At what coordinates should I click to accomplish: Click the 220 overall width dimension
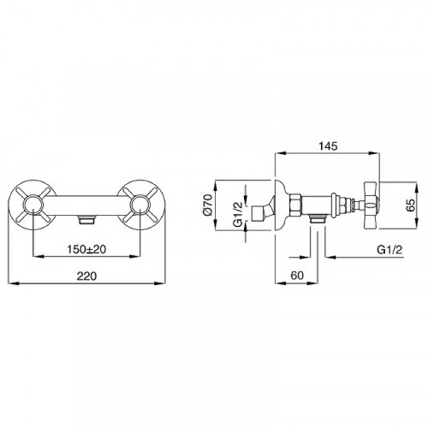[86, 276]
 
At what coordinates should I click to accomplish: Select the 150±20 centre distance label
[86, 249]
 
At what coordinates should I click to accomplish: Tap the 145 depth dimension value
[328, 146]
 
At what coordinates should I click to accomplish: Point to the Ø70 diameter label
[209, 205]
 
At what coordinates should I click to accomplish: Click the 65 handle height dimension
[411, 205]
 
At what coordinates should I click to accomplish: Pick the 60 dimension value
[297, 276]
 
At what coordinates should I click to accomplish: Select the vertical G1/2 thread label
[237, 214]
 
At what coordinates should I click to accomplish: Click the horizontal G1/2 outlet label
[389, 250]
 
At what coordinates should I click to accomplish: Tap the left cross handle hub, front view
[33, 205]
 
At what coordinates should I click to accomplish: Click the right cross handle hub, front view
[140, 205]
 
